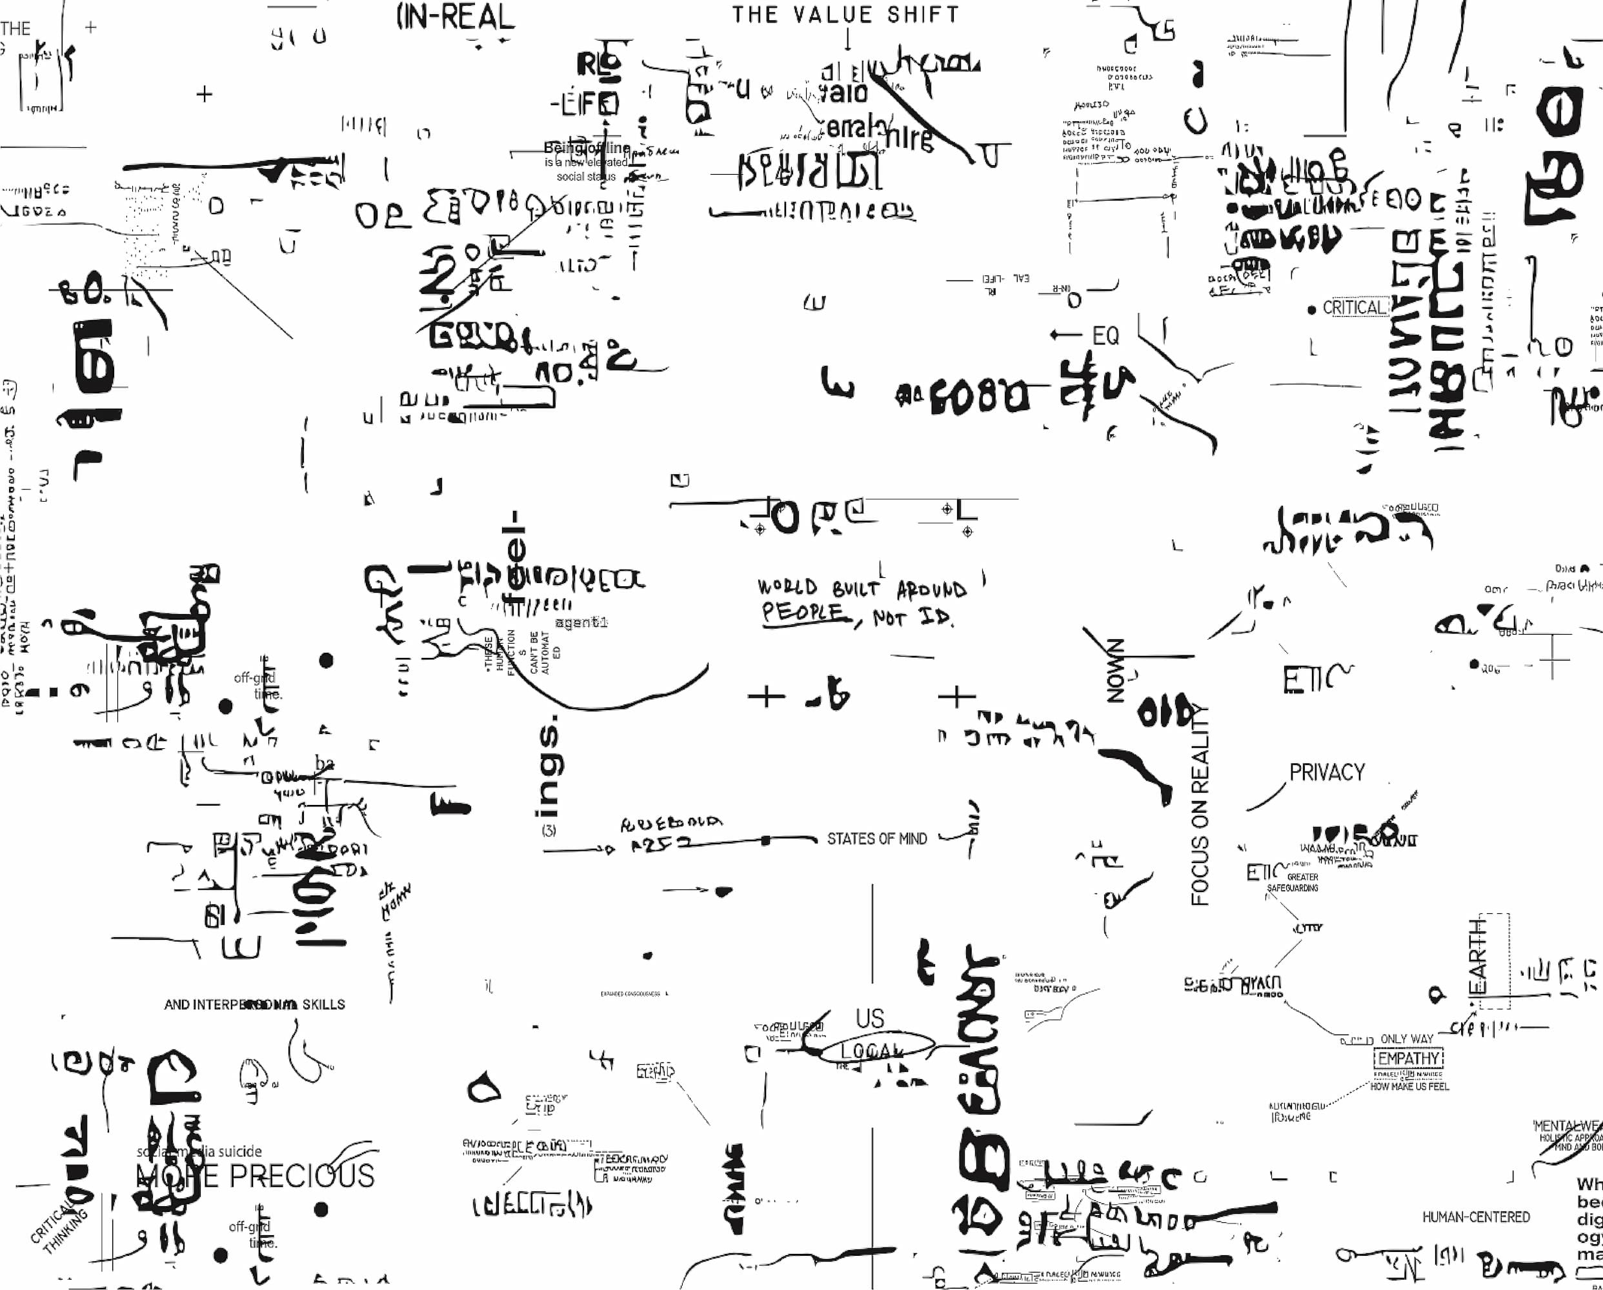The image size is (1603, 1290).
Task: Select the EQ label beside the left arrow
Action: (1105, 337)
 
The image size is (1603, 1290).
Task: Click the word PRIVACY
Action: (1327, 773)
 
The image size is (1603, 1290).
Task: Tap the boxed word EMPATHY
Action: (1408, 1058)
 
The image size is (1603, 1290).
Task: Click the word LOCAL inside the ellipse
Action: (872, 1050)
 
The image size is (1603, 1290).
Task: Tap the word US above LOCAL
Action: (870, 1018)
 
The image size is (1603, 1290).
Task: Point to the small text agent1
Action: (581, 622)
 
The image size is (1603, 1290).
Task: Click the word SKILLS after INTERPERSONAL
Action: (323, 1005)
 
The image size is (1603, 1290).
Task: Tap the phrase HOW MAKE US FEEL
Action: (1409, 1086)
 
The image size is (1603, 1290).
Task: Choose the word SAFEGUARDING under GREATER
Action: (1293, 888)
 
